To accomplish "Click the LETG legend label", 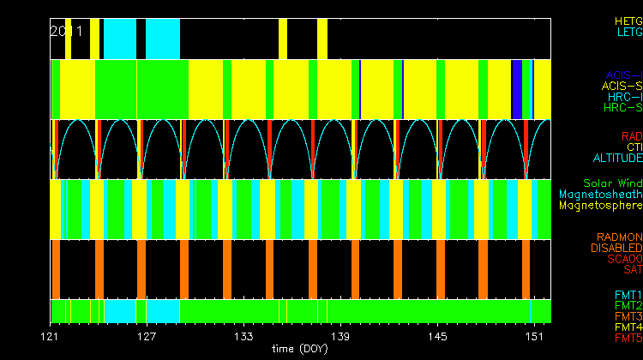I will tap(628, 32).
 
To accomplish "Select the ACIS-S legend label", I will tap(622, 86).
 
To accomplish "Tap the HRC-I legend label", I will tap(624, 97).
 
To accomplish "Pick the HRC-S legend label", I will tap(622, 108).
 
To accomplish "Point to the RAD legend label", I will tap(631, 136).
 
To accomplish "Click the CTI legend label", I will tap(634, 147).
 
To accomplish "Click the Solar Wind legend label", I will tap(612, 183).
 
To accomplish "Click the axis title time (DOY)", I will tap(297, 349).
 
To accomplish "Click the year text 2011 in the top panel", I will tap(66, 31).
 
